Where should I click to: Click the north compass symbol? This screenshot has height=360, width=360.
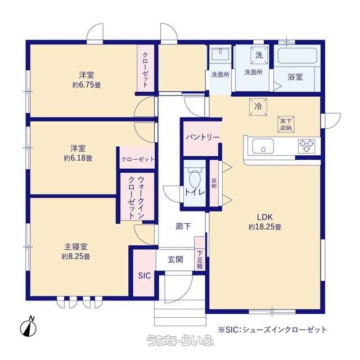[29, 327]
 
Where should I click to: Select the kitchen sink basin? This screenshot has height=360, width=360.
[263, 146]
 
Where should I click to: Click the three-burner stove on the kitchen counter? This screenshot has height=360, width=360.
[307, 146]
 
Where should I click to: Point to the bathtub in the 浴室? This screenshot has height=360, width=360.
[298, 56]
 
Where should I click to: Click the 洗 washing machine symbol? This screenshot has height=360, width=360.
[259, 56]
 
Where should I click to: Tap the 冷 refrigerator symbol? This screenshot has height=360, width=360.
[258, 106]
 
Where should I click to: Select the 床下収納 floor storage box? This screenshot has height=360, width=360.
[286, 125]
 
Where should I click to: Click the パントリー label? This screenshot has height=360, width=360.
[202, 137]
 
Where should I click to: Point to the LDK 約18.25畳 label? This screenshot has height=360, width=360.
[265, 222]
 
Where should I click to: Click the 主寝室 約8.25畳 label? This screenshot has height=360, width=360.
[76, 251]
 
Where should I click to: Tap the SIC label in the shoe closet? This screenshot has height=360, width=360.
[145, 276]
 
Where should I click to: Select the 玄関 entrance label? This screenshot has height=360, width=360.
[175, 260]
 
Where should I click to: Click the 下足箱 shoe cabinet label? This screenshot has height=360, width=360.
[200, 260]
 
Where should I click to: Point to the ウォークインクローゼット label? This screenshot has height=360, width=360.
[136, 197]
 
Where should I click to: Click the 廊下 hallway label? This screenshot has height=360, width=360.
[183, 226]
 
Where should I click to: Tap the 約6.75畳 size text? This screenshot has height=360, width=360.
[87, 85]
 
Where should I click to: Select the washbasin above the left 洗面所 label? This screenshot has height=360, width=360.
[220, 55]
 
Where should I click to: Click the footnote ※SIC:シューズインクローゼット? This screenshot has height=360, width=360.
[272, 330]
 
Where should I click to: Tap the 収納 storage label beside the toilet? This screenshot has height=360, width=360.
[214, 183]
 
